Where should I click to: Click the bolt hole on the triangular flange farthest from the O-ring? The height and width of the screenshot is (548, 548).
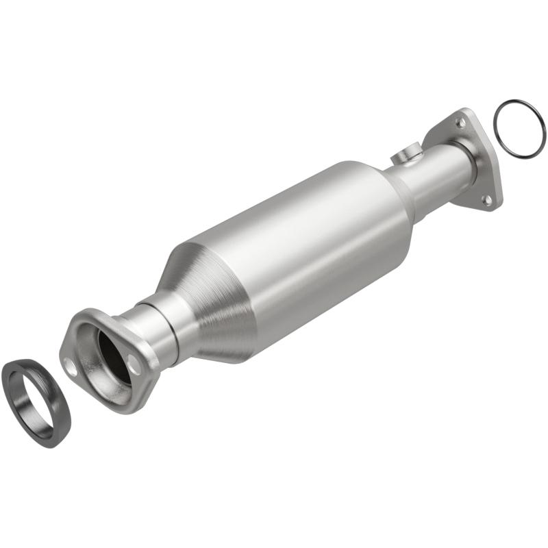(x=486, y=199)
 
